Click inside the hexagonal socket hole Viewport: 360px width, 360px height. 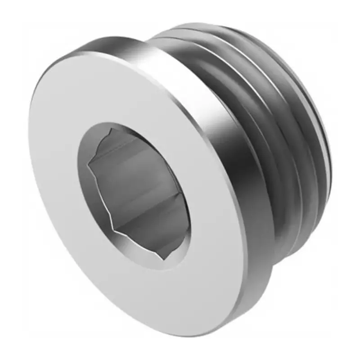pos(135,193)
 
